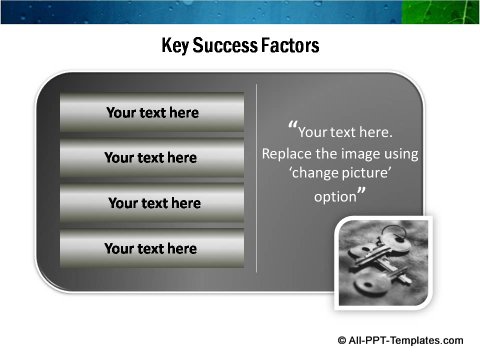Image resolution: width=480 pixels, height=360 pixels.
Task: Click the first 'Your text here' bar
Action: click(151, 113)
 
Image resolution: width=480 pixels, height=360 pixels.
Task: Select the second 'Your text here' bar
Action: click(151, 158)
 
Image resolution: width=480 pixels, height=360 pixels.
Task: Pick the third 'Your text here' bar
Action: click(151, 203)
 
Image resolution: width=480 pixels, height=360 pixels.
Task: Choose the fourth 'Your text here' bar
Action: click(151, 248)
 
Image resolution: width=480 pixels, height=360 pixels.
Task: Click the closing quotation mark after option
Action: click(361, 193)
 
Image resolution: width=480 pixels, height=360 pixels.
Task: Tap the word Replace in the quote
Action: click(288, 154)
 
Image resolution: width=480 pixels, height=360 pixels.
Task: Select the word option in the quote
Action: click(334, 197)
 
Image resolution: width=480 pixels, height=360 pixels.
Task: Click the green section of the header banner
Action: click(440, 11)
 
